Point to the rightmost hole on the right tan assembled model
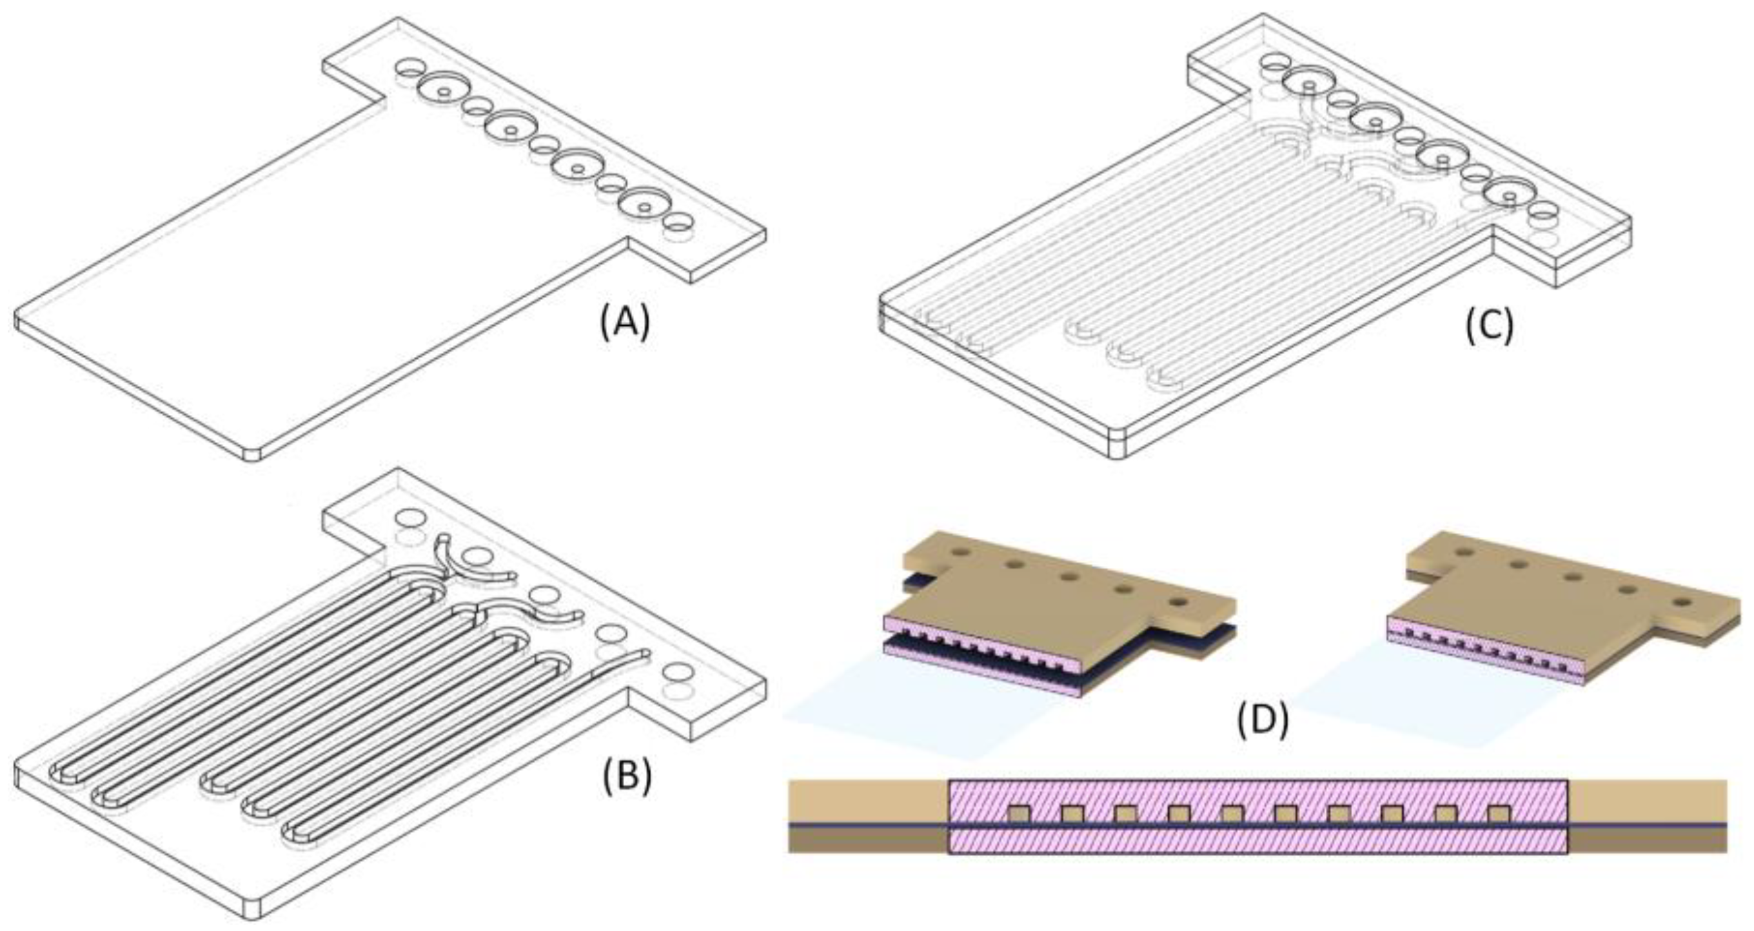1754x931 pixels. pos(1685,603)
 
